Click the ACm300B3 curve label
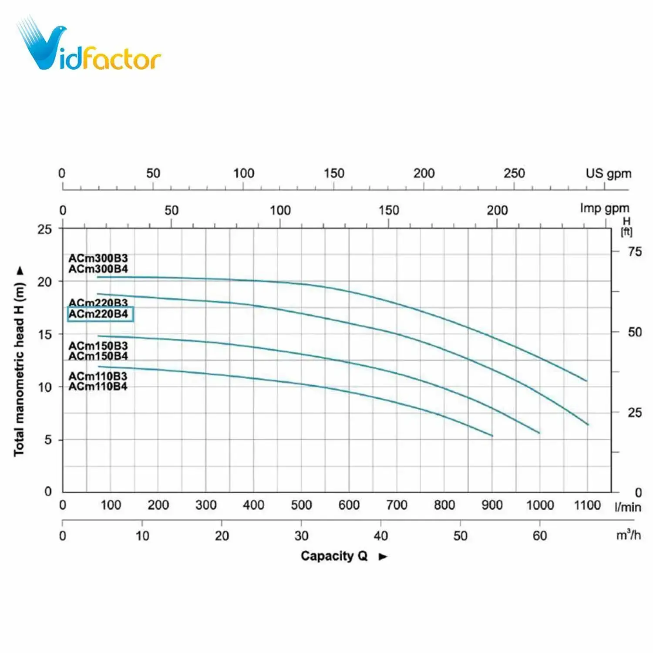98,258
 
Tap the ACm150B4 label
98,356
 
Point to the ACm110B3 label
98,376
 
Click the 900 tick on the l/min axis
492,505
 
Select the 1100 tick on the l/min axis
587,505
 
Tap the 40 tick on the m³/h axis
380,535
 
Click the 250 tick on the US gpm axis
514,173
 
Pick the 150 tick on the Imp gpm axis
388,210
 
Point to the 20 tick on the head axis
44,282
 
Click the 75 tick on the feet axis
635,252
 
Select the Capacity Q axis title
334,556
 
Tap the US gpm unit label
608,173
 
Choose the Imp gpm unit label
604,208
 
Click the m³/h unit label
628,535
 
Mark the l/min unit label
628,507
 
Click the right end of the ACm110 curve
492,435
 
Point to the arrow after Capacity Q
383,556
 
